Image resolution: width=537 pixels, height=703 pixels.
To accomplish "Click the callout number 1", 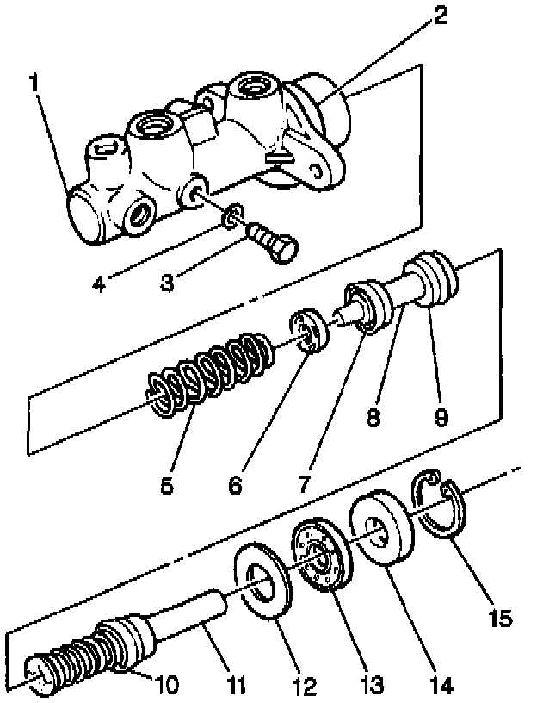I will point(34,84).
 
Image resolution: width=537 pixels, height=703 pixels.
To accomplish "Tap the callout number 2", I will point(440,16).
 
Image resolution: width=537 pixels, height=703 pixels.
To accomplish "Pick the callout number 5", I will point(166,484).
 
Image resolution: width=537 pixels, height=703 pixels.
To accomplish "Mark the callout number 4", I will point(102,283).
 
